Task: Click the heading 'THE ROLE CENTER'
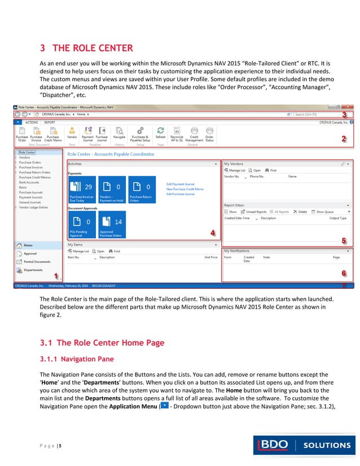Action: [x=88, y=47]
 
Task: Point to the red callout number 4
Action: [x=212, y=232]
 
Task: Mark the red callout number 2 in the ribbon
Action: [x=344, y=138]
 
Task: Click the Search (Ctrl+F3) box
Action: [x=319, y=114]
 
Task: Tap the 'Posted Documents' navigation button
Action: [x=36, y=262]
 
